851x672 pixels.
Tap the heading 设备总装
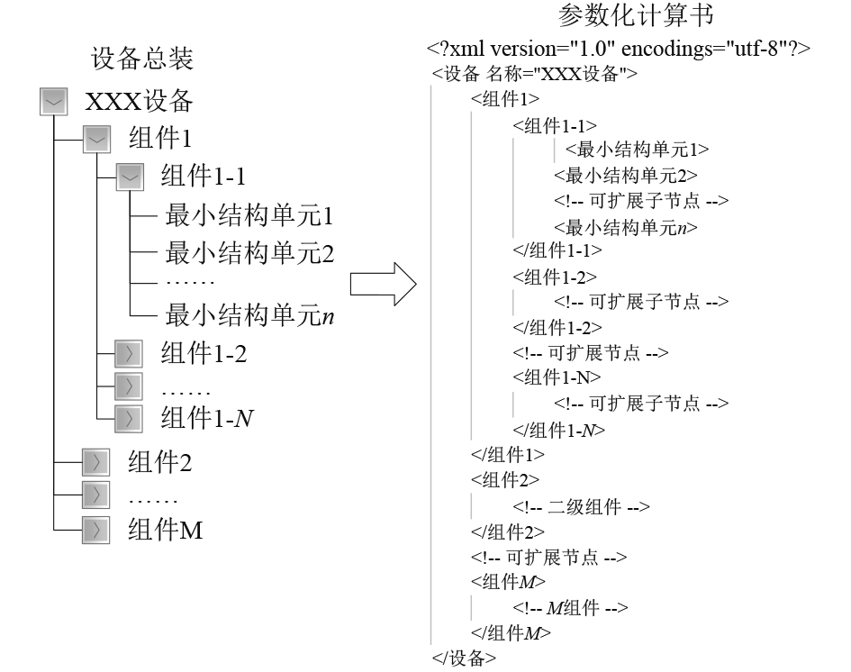click(142, 59)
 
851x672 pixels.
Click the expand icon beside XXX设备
click(55, 102)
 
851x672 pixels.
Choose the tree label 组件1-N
click(205, 418)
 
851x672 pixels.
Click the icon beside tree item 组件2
click(95, 464)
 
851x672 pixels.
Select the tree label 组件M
click(166, 531)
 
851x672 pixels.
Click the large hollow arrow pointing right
click(383, 286)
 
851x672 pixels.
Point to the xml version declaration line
click(620, 49)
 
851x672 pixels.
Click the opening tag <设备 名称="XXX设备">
click(535, 74)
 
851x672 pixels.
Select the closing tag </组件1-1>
click(557, 250)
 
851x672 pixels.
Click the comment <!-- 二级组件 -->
click(581, 506)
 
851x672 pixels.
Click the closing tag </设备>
click(464, 658)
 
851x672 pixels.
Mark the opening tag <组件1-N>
click(557, 377)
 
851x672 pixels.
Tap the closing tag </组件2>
click(507, 531)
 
